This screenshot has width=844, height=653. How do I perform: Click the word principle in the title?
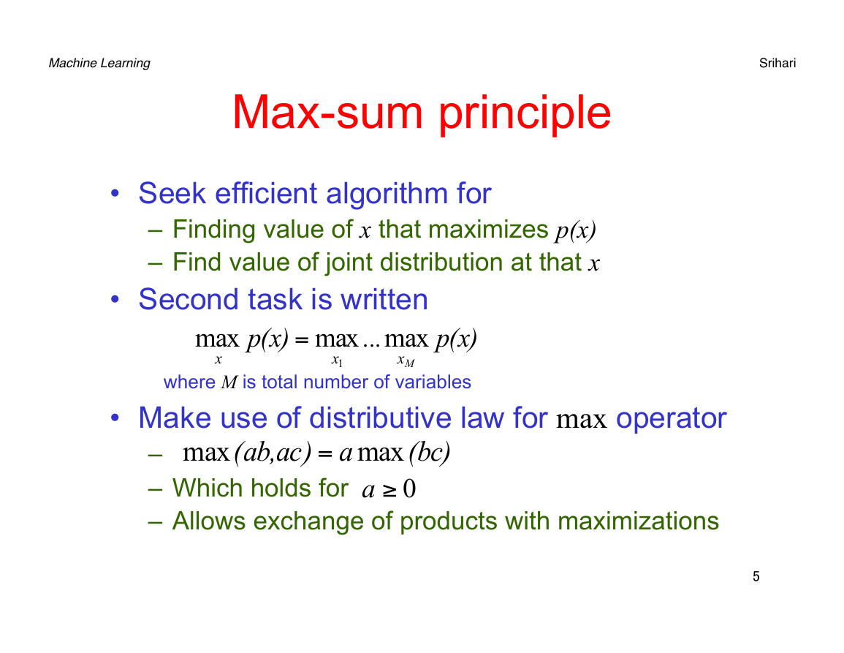pos(525,116)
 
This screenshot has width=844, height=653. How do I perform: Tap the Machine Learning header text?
pos(99,64)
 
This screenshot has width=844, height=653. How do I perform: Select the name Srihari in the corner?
pos(778,63)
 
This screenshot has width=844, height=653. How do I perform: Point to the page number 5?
pos(756,576)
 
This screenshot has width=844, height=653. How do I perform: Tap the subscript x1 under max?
pos(337,361)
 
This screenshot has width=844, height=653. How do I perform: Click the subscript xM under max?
pos(406,361)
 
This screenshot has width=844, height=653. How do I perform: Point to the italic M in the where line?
pos(229,382)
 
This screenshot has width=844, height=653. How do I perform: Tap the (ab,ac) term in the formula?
pos(273,453)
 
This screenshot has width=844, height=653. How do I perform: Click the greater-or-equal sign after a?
pos(389,490)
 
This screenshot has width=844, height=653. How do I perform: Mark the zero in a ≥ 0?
pos(410,488)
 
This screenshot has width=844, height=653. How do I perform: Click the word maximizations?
pos(639,521)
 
